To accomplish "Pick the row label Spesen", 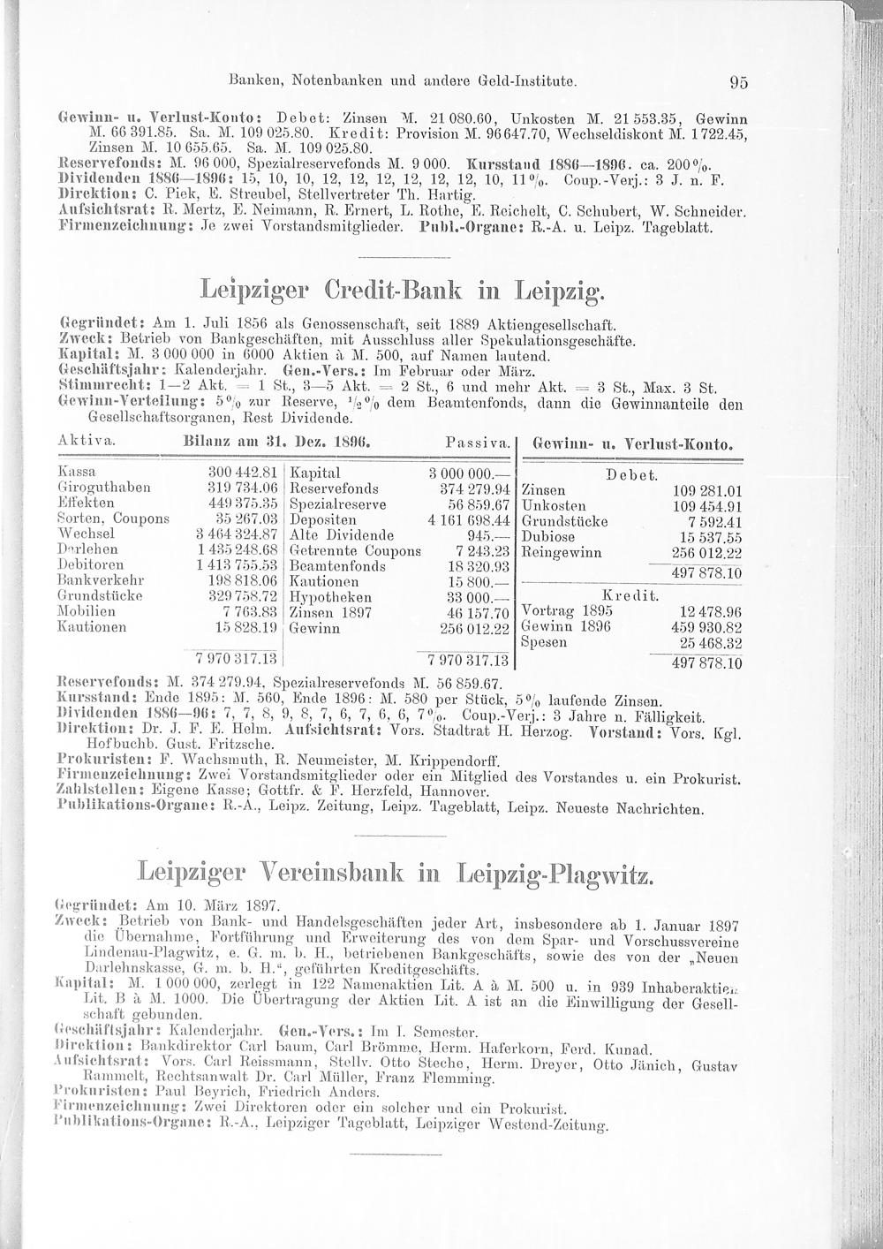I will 545,641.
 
